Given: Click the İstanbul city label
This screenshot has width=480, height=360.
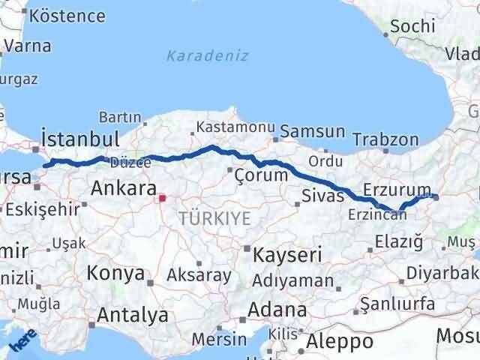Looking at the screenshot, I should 81,139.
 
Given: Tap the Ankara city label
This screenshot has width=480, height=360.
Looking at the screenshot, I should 123,189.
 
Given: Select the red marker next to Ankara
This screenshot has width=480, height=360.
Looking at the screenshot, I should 161,199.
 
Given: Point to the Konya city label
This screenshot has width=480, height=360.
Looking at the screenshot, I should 115,273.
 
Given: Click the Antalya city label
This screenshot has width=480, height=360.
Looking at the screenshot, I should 132,315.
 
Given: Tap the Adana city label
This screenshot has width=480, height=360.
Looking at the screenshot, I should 279,310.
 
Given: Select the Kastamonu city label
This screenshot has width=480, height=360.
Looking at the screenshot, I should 226,127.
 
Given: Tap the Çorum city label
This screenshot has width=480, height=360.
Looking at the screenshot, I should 261,175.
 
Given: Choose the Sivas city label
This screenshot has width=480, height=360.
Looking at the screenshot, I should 322,196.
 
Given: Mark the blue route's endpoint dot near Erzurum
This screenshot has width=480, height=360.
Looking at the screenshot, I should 436,197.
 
